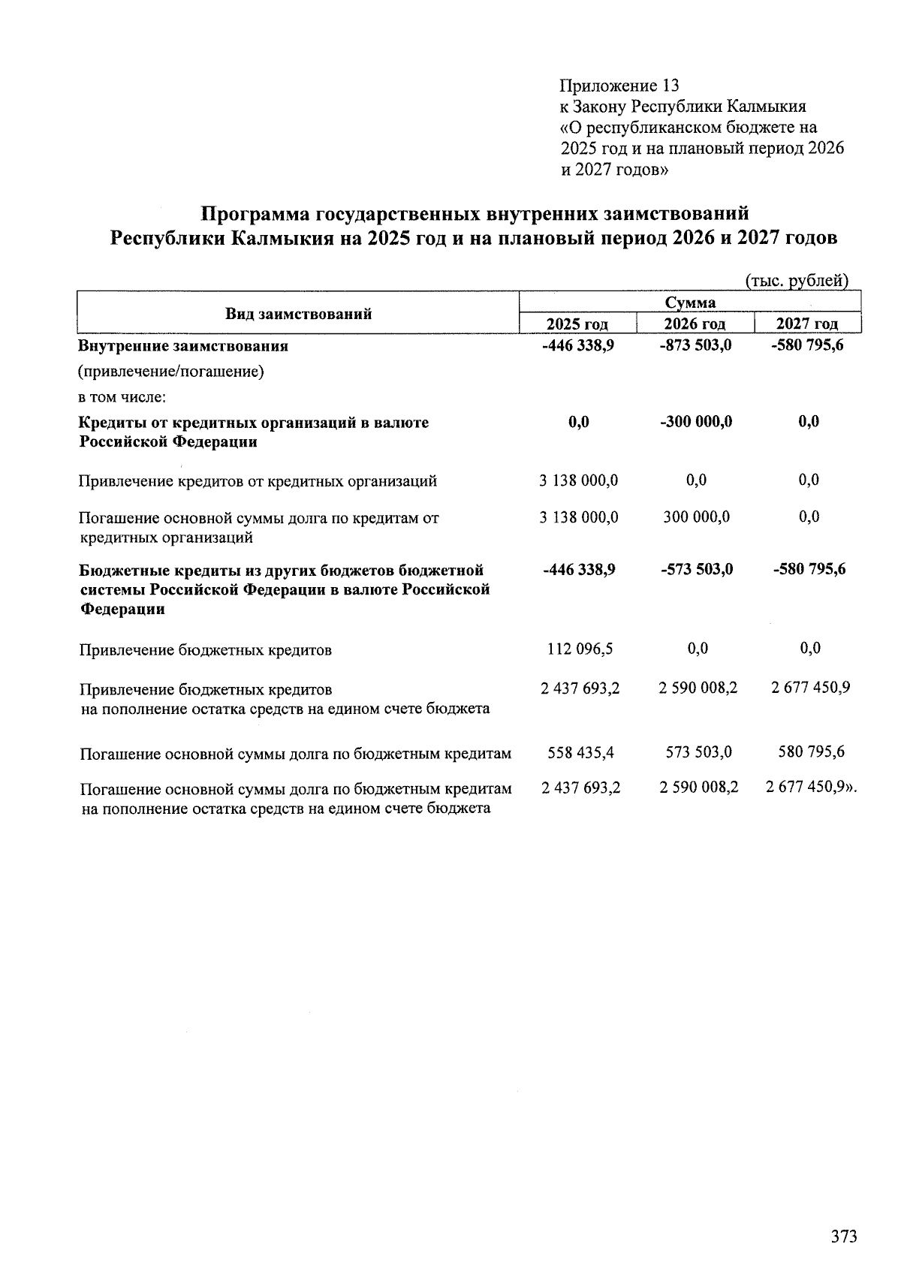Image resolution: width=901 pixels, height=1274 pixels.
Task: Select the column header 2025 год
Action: pyautogui.click(x=577, y=324)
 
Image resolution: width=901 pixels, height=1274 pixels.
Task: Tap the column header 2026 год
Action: pyautogui.click(x=695, y=324)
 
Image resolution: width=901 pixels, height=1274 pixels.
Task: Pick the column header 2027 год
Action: pyautogui.click(x=807, y=324)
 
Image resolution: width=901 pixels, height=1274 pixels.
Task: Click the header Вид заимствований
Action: pyautogui.click(x=299, y=314)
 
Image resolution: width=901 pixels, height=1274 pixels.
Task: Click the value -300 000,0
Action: pyautogui.click(x=696, y=422)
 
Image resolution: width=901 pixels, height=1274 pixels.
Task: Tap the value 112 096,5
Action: pyautogui.click(x=579, y=649)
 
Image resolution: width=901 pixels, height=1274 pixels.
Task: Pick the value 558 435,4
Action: pyautogui.click(x=579, y=751)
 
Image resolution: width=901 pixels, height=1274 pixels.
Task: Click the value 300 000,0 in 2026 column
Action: pyautogui.click(x=696, y=517)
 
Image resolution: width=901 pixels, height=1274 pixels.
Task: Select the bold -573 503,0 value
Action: pyautogui.click(x=696, y=569)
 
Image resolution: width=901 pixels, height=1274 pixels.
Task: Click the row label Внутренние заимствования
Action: pyautogui.click(x=183, y=346)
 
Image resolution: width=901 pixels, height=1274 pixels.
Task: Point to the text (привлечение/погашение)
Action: pyautogui.click(x=171, y=372)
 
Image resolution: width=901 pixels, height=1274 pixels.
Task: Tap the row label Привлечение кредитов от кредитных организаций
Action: pyautogui.click(x=258, y=481)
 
